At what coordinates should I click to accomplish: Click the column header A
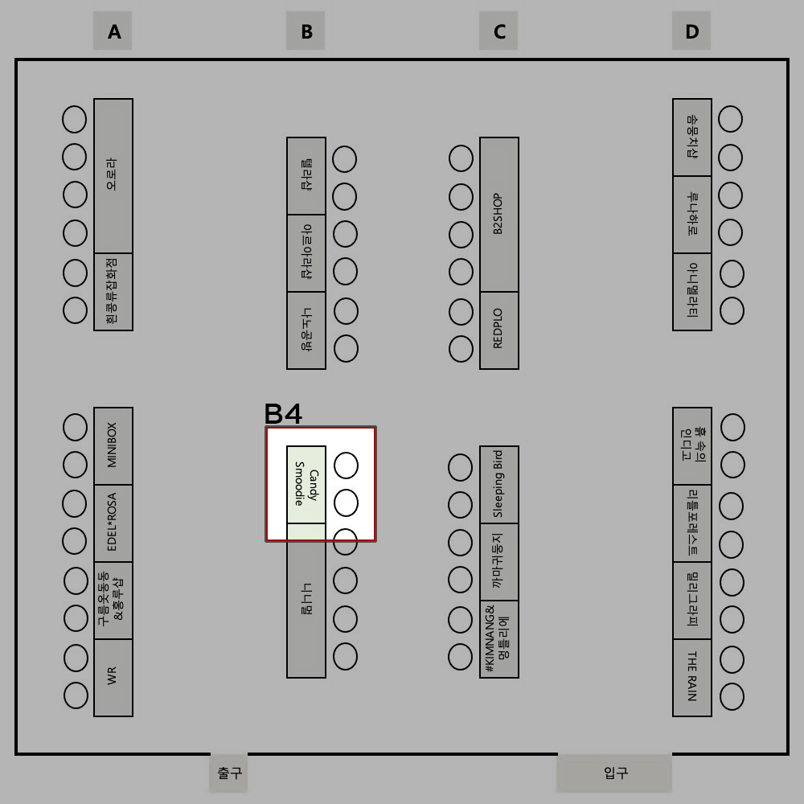113,31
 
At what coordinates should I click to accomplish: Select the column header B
306,31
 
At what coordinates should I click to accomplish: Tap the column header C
498,31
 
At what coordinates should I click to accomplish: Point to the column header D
691,31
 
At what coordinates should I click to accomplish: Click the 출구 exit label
229,773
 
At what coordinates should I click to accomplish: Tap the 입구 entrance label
615,773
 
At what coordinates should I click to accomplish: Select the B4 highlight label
283,414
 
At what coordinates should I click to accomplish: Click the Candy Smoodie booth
306,484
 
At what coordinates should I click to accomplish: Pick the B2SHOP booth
499,214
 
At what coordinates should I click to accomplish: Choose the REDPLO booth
499,330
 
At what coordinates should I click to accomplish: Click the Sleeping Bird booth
499,484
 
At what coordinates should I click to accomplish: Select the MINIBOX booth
113,445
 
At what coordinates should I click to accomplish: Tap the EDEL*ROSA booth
113,523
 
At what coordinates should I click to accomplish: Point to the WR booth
113,677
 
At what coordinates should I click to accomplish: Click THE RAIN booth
692,677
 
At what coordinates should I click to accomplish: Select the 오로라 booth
113,175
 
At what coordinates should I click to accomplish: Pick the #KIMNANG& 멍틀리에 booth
499,638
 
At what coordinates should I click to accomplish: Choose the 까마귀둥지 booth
499,561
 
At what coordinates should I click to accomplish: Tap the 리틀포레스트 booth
692,523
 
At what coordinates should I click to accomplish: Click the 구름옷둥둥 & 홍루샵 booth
113,600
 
